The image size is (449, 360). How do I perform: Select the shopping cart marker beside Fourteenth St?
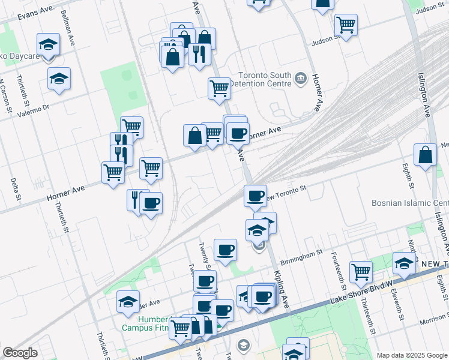click(x=361, y=272)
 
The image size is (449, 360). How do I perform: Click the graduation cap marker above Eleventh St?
click(x=404, y=262)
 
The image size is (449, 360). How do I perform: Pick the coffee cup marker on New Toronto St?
click(x=255, y=195)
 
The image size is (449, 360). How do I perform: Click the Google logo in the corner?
click(x=20, y=353)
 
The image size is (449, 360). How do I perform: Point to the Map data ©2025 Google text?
click(x=411, y=355)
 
